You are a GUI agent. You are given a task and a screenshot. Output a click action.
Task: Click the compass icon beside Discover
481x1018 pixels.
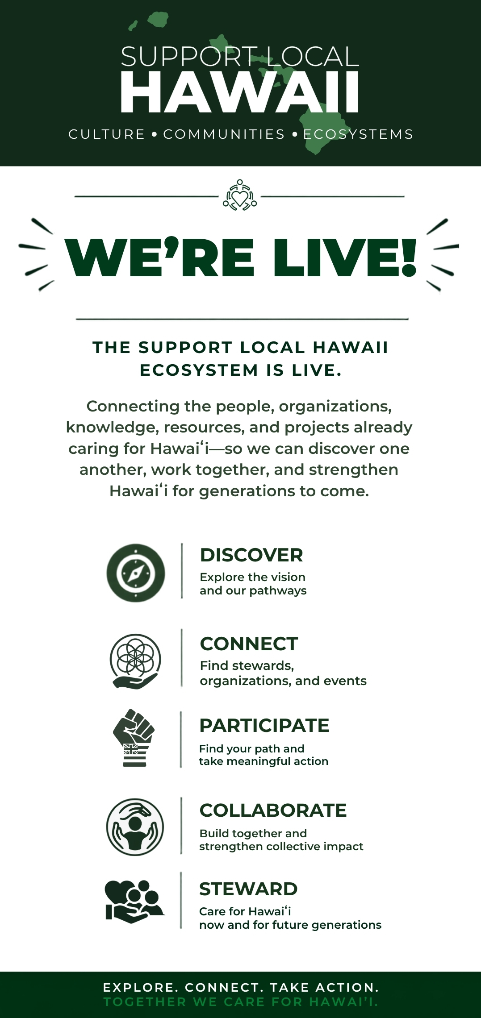pos(136,573)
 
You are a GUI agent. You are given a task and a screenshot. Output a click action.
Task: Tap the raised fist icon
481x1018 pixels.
pos(134,738)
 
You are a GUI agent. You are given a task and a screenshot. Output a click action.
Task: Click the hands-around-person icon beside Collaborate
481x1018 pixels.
pos(135,827)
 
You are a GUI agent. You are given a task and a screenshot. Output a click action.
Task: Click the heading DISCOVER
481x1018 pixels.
pos(251,555)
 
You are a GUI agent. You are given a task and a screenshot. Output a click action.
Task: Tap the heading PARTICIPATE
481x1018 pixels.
pos(264,726)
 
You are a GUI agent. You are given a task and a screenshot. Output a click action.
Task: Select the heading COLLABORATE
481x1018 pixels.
pos(273,810)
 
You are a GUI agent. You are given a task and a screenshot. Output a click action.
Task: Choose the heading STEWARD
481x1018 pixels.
pos(248,889)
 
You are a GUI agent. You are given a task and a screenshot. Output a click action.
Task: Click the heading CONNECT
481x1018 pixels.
pos(249,644)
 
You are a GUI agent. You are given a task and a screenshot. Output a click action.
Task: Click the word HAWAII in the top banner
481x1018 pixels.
pos(240,92)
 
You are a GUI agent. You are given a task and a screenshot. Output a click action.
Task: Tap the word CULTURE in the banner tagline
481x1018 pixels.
pos(107,134)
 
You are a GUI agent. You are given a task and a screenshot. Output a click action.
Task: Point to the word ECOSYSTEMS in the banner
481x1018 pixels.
pos(358,134)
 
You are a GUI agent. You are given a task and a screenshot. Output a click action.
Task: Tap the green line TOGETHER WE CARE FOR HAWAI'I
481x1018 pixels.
pos(241,1002)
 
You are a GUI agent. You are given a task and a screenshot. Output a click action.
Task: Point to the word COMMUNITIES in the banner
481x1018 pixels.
pos(224,134)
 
